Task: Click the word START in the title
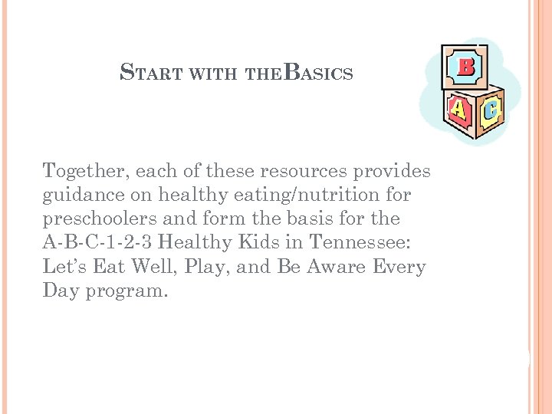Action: point(152,74)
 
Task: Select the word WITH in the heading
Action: point(212,74)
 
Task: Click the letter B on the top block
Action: point(465,67)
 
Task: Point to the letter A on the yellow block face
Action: point(458,112)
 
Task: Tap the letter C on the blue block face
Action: point(490,111)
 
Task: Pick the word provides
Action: point(389,171)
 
